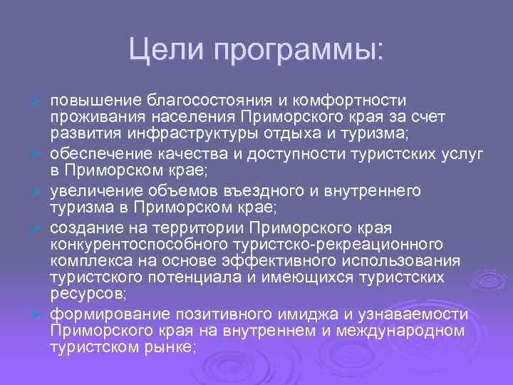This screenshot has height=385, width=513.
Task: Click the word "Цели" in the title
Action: click(x=162, y=49)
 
